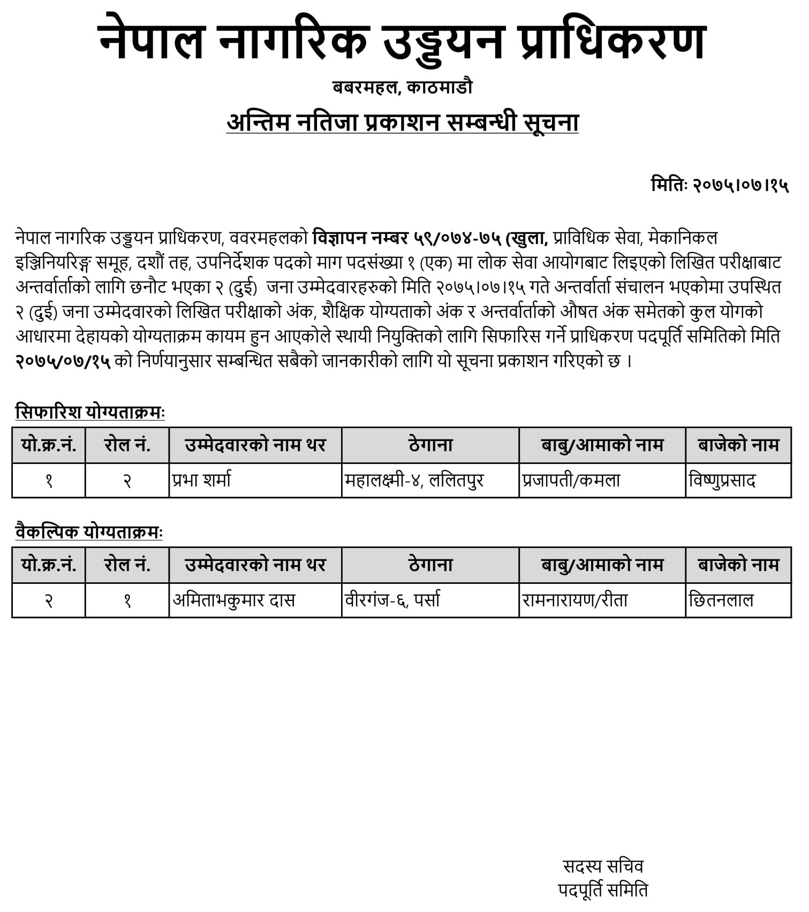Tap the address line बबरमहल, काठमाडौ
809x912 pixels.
402,87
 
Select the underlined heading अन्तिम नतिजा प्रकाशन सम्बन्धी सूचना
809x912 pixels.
402,123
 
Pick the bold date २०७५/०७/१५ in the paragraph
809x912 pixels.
63,361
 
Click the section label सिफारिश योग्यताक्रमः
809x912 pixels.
90,413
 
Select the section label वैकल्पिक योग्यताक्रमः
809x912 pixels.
89,532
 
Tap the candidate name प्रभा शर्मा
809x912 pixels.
202,480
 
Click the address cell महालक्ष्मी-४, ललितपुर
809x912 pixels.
414,480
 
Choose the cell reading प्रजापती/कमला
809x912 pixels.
571,480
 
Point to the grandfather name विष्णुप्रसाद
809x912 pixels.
722,480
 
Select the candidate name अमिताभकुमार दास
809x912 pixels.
234,600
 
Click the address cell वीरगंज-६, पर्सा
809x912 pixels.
392,600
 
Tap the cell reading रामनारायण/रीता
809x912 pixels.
575,600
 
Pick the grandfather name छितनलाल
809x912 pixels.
721,600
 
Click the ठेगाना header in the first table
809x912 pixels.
430,445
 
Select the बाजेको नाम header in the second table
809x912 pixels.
738,565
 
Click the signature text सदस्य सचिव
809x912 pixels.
603,866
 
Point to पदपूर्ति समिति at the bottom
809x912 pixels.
603,890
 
